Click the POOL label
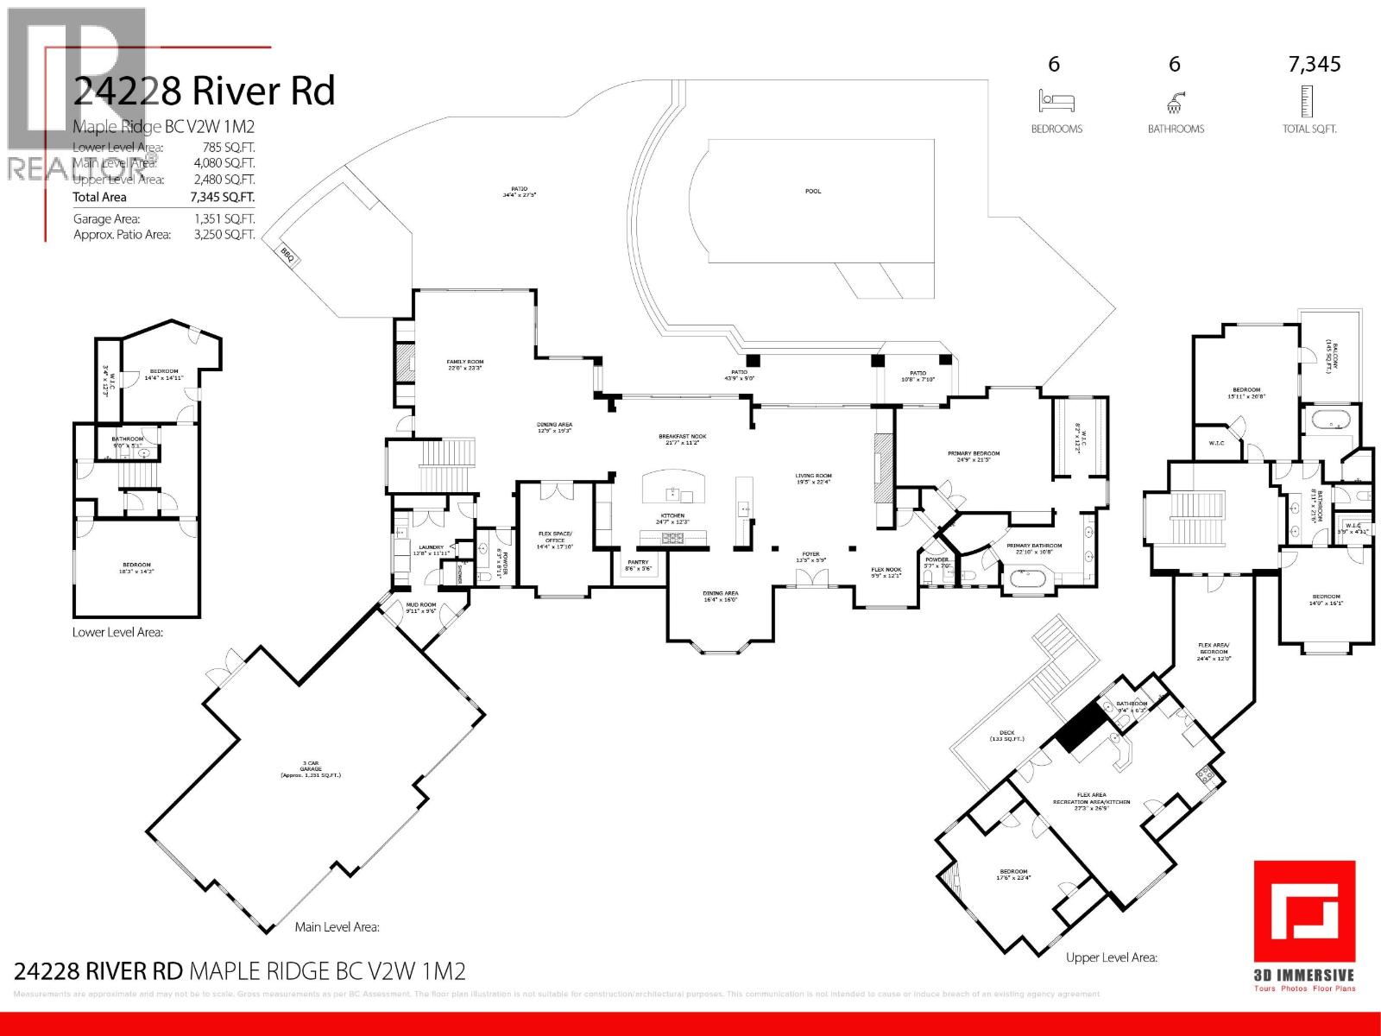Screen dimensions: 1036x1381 click(x=813, y=191)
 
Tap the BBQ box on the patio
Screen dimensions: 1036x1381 click(x=287, y=255)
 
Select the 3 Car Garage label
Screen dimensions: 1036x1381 click(x=310, y=772)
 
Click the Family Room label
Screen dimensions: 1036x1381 click(x=464, y=364)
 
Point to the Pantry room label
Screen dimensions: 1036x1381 click(x=638, y=565)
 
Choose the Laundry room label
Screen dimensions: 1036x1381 click(x=431, y=550)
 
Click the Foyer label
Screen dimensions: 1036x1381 click(x=810, y=557)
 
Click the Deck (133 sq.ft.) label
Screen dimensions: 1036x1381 click(x=1006, y=736)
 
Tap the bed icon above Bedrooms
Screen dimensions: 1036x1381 click(x=1056, y=103)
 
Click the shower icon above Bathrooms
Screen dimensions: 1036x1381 click(x=1175, y=104)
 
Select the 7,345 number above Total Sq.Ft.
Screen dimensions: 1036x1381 click(x=1314, y=65)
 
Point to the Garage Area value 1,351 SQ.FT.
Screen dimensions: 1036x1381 click(x=224, y=219)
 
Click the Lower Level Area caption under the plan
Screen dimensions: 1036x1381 click(x=117, y=632)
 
